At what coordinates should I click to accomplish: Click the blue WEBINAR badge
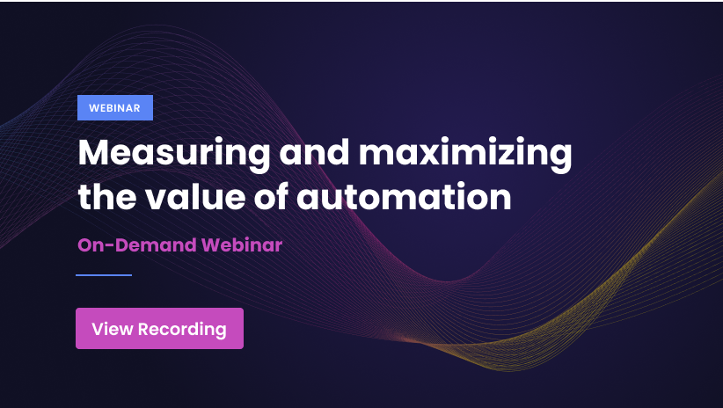click(115, 107)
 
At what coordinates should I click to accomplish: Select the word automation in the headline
click(404, 196)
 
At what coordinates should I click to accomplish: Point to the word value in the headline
click(195, 196)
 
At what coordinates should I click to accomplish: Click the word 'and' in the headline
click(315, 152)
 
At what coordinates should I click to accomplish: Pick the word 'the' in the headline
click(107, 196)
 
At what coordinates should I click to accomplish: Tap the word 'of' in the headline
click(271, 195)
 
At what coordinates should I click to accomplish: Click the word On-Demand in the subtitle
click(137, 244)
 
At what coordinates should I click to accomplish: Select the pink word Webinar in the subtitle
click(242, 244)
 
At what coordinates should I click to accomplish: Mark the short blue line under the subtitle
click(104, 275)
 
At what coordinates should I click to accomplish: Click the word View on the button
click(112, 329)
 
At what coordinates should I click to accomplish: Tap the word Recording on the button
click(182, 330)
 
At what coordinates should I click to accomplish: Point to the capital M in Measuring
click(93, 152)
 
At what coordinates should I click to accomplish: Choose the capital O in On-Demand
click(85, 245)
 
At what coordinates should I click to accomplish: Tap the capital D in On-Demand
click(121, 245)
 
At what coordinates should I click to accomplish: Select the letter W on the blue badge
click(93, 108)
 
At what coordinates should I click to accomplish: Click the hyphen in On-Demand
click(110, 245)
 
